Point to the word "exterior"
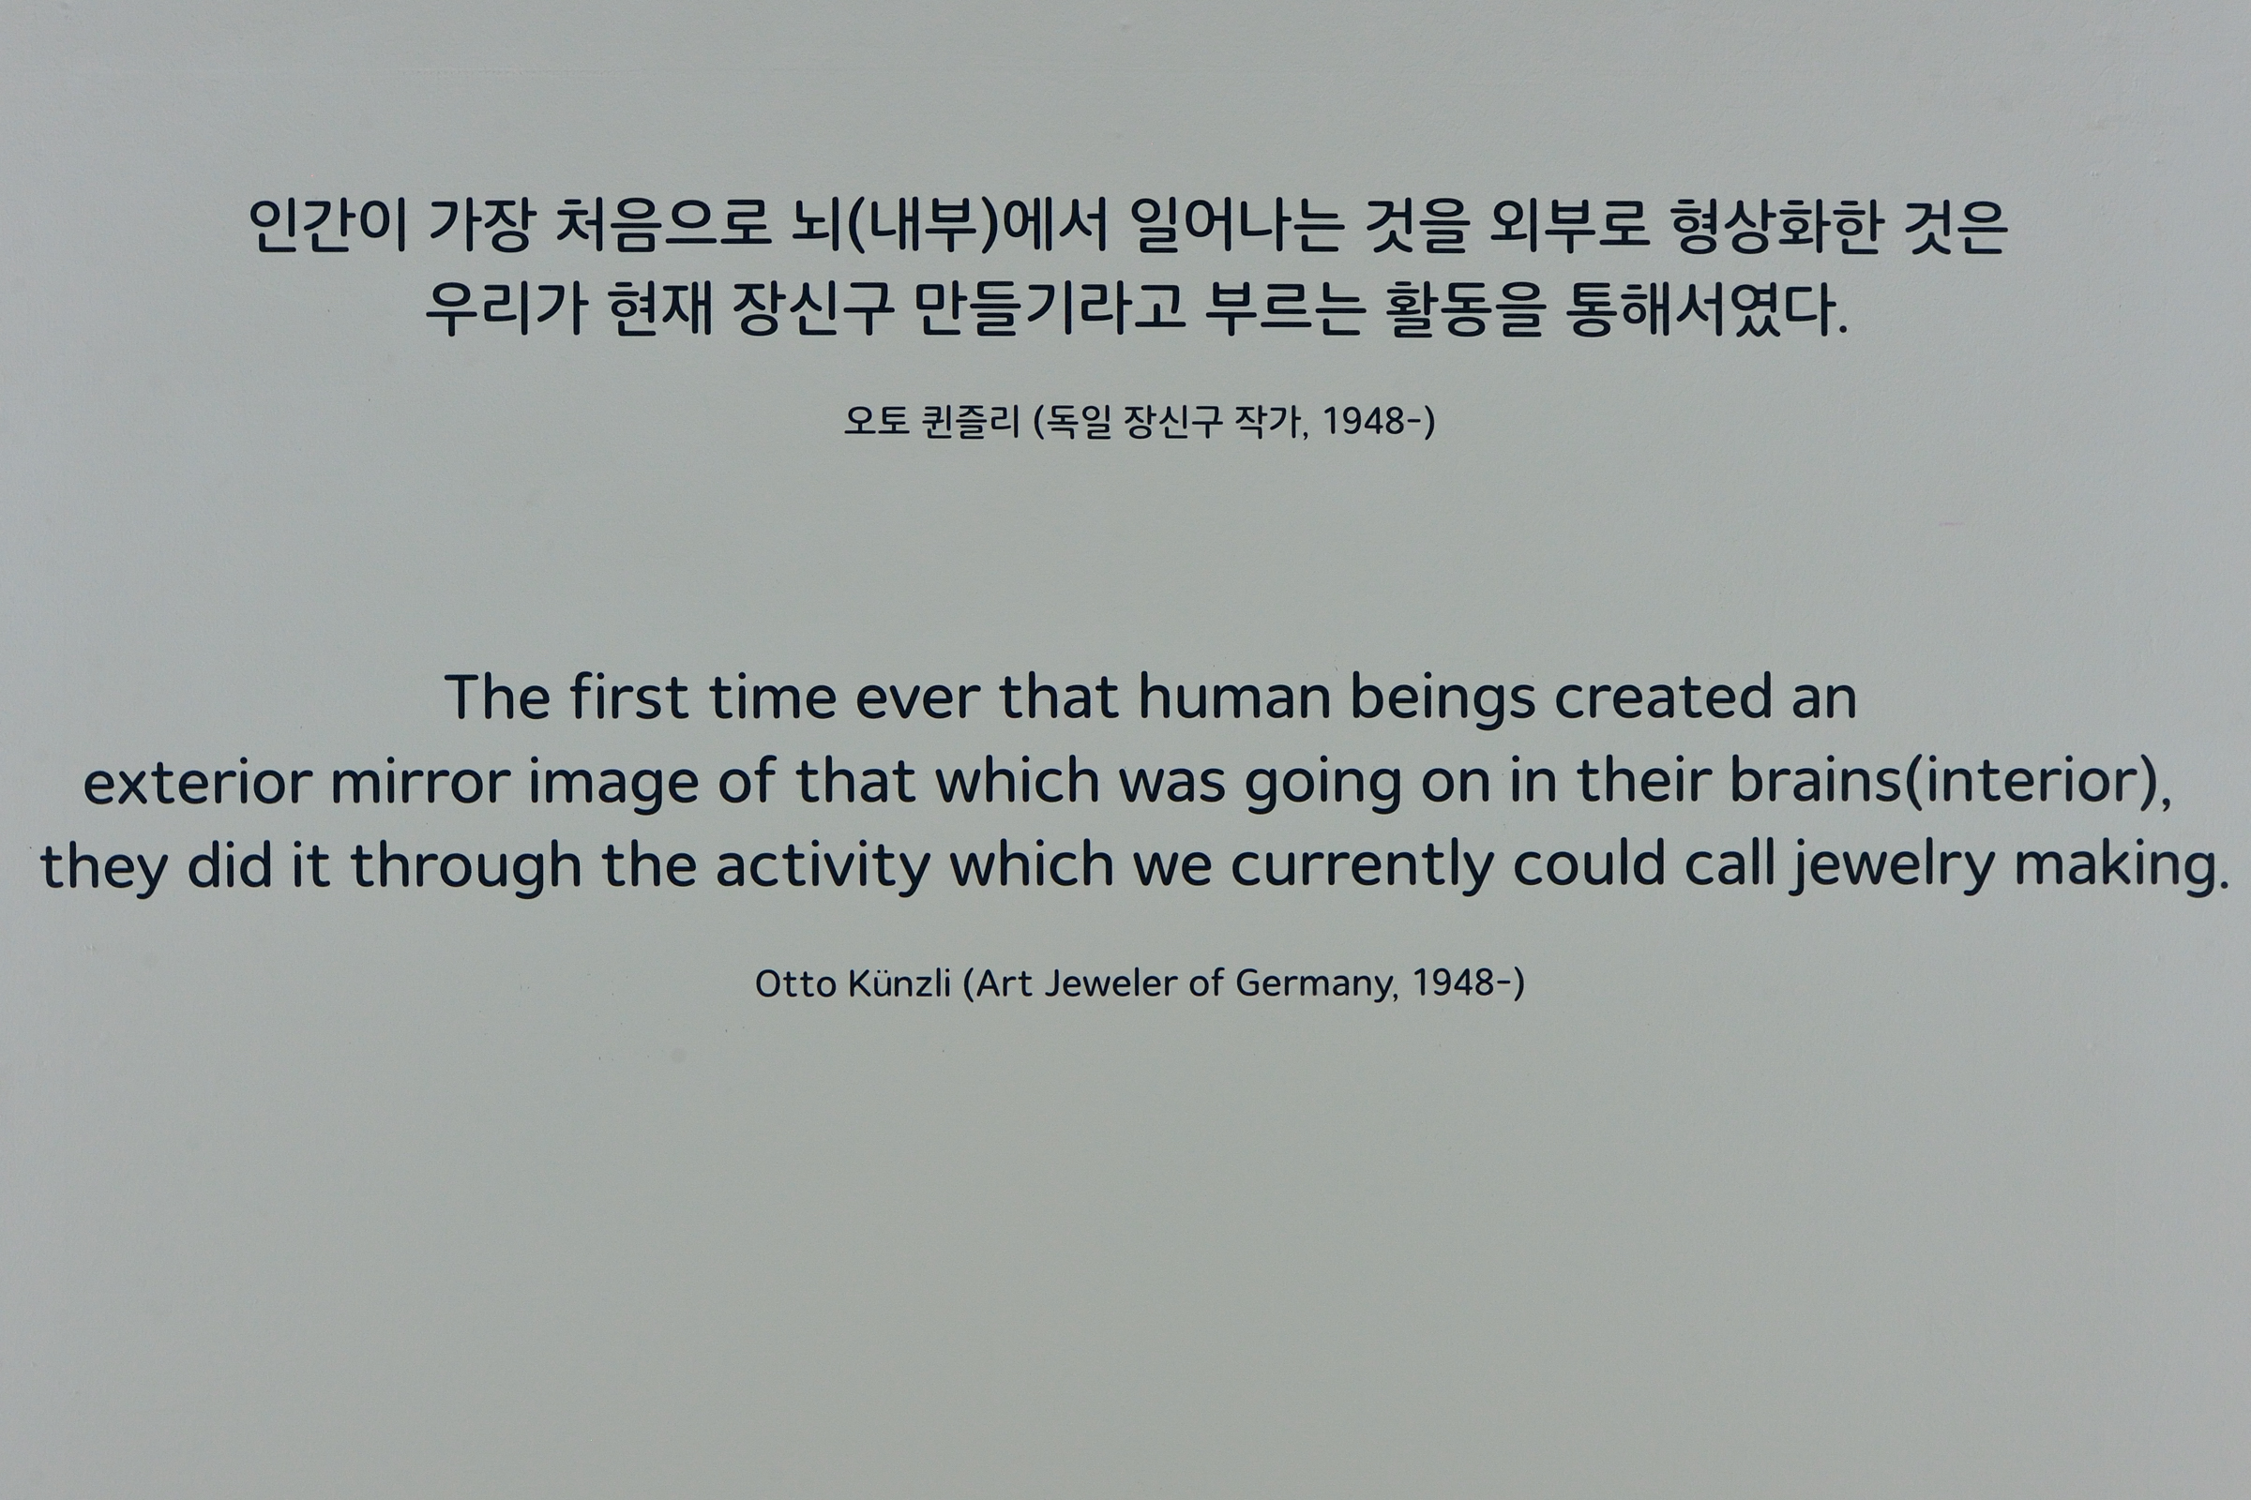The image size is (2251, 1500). click(x=197, y=781)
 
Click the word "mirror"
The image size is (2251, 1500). click(x=419, y=781)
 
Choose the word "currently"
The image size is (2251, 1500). click(x=1362, y=866)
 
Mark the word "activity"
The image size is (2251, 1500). click(x=823, y=866)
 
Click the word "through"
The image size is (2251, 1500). click(x=466, y=866)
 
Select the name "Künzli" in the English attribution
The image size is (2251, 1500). click(x=899, y=982)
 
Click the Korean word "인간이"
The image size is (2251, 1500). click(x=329, y=226)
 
